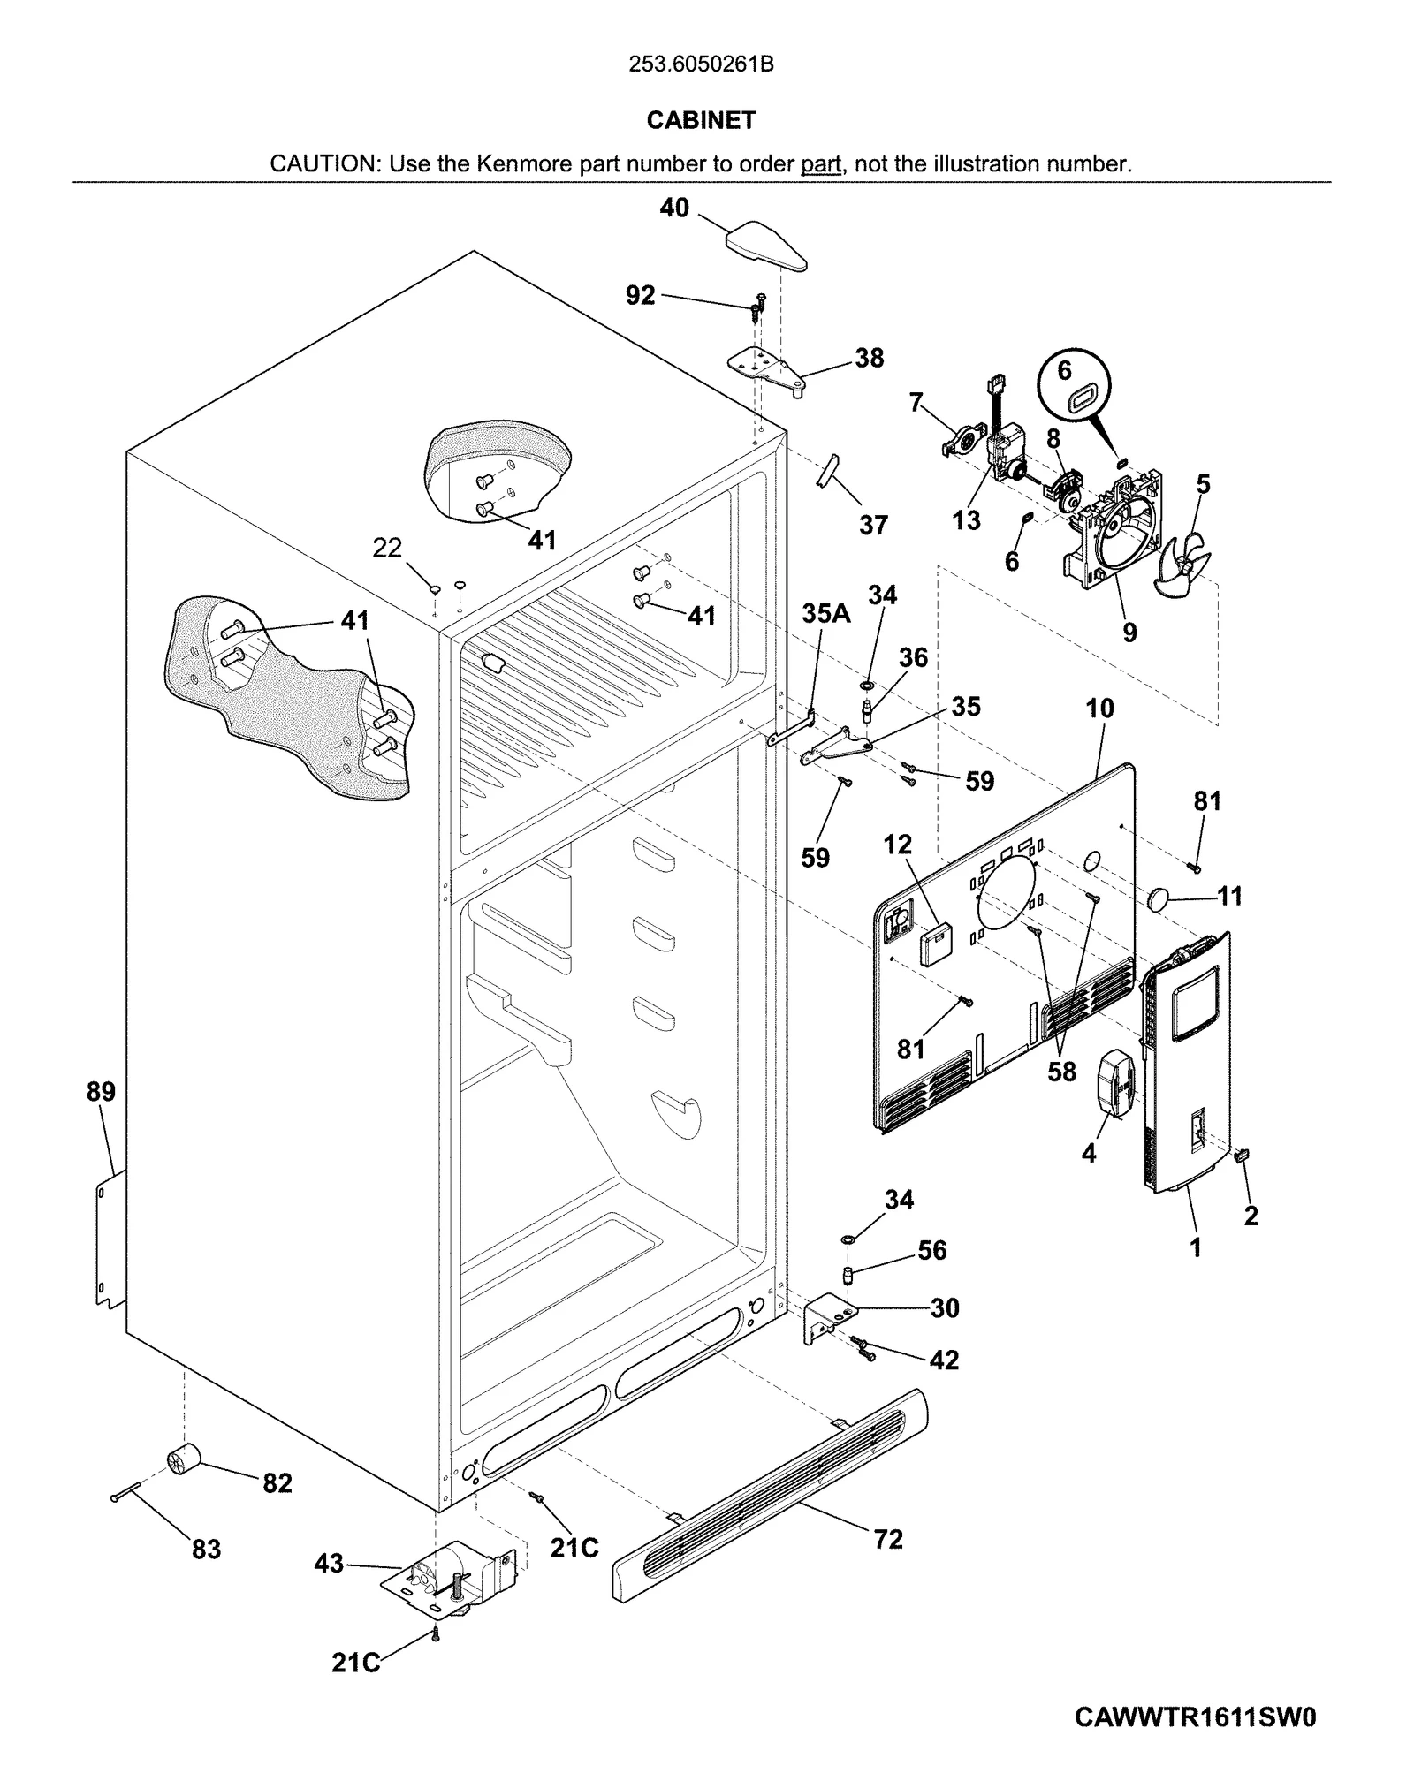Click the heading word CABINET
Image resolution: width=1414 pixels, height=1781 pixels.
point(701,120)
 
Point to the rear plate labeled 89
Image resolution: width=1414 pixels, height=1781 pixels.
point(109,1237)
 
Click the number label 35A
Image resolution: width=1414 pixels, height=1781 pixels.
point(825,613)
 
